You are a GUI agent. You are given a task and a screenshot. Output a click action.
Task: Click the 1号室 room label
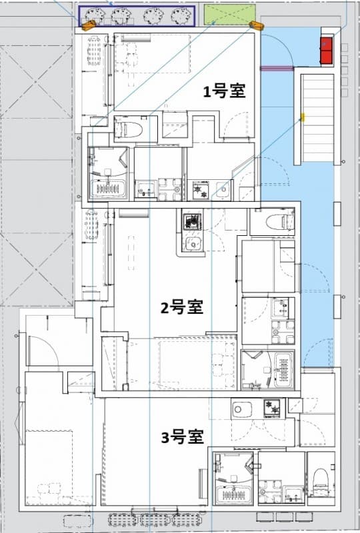click(225, 93)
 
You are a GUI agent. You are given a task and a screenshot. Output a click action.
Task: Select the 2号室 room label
click(181, 308)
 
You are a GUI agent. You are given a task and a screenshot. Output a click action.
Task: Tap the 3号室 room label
click(182, 437)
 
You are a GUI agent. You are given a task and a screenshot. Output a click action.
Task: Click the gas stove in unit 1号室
click(201, 191)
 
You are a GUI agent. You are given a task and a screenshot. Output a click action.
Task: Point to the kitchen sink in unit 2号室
click(193, 243)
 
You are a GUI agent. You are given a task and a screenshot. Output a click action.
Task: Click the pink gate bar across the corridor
click(277, 67)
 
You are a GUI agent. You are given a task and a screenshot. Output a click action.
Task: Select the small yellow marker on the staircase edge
click(302, 117)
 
